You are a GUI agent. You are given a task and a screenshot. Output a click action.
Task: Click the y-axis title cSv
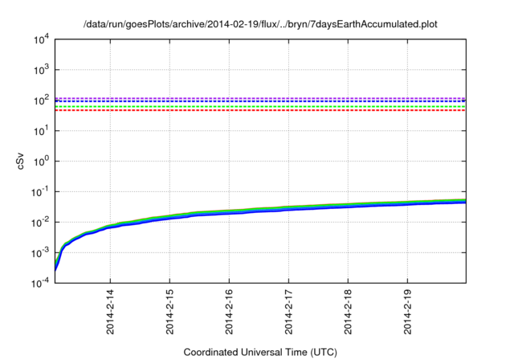22,161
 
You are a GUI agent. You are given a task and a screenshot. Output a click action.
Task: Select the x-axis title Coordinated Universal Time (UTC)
260,352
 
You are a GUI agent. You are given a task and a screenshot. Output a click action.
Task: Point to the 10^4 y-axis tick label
41,39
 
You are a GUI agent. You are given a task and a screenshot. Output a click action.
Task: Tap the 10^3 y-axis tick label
41,70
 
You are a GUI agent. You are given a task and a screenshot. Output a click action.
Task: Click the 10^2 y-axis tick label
41,100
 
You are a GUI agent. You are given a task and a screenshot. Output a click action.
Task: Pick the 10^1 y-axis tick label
41,131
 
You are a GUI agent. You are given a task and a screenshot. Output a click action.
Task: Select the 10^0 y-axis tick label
41,162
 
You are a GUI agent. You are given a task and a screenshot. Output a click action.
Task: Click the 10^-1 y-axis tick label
39,192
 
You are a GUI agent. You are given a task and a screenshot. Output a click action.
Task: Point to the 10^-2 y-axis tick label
39,223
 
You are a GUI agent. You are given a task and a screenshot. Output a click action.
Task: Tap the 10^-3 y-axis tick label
39,253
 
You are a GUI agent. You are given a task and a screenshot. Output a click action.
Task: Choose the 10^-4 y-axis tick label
39,284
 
